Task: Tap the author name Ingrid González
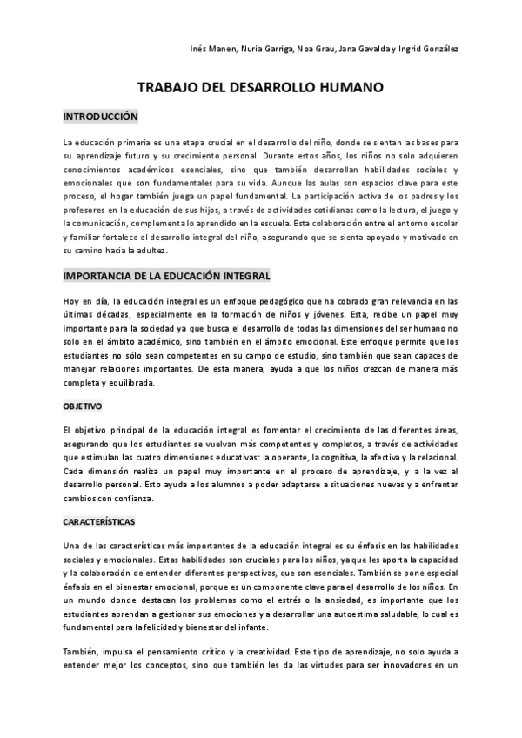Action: point(432,48)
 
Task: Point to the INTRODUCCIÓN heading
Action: point(101,116)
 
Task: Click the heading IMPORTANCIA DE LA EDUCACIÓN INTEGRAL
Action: point(167,276)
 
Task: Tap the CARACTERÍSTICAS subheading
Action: point(98,520)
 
